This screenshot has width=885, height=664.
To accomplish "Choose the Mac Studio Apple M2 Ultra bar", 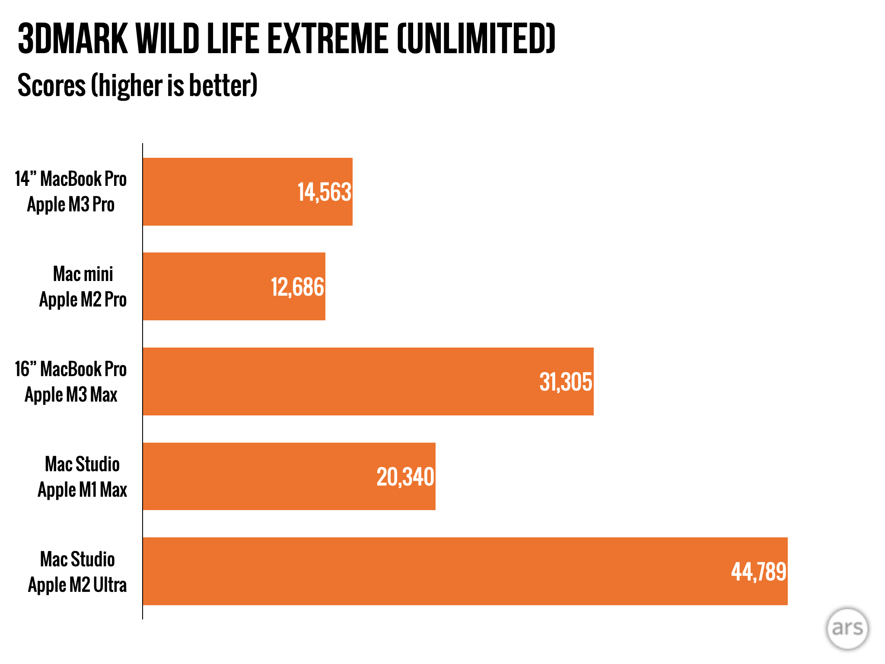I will pos(432,571).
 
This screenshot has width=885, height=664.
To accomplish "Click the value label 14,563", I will pos(324,192).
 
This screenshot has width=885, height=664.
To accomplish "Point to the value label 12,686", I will pos(297,287).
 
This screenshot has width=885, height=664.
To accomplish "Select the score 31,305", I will pos(566,382).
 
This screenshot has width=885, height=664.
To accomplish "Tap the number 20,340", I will pos(405,477).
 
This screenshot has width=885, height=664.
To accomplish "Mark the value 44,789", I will pos(758,572).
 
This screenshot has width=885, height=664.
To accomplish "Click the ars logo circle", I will pos(847,629).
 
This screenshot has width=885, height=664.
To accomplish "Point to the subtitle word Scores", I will pos(51,85).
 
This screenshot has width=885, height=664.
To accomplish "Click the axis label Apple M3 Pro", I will pos(71,204).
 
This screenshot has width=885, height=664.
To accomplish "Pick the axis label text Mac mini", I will pos(83,274).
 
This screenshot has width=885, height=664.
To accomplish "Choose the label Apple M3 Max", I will pos(71,395).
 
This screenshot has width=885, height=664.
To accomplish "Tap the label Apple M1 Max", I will pos(82,490).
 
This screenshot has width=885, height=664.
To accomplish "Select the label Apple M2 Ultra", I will pos(77,585).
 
